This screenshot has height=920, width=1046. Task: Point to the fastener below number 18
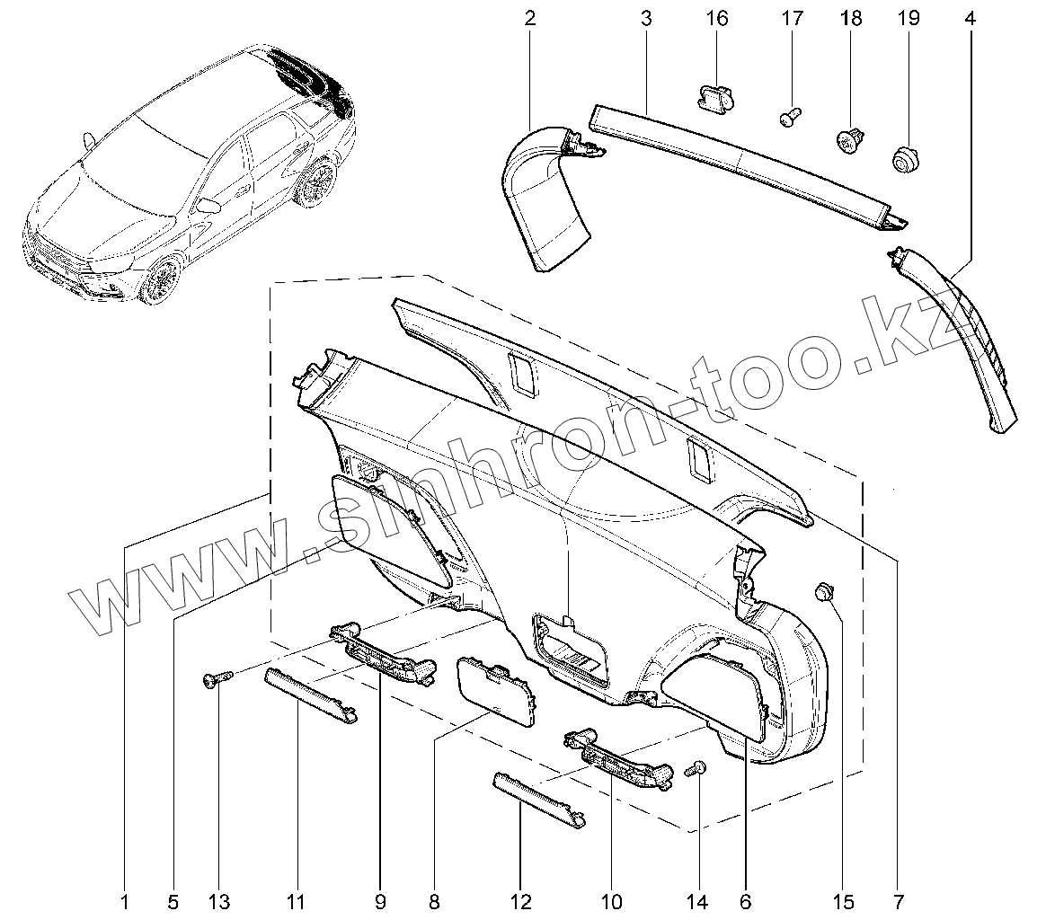click(848, 142)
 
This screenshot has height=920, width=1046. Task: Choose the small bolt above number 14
click(696, 769)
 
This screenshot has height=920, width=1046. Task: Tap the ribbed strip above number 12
click(539, 794)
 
